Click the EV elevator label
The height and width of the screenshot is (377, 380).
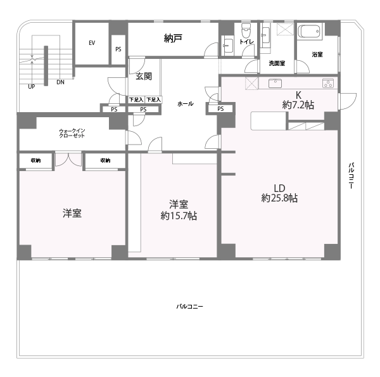[x=92, y=43]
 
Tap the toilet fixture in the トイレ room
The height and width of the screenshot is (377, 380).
[x=246, y=30]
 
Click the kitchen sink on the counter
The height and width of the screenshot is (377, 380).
[x=275, y=83]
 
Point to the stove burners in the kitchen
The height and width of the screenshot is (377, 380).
[x=328, y=83]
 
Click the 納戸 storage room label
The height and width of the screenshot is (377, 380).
[x=173, y=38]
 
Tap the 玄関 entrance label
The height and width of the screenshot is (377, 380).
[x=144, y=77]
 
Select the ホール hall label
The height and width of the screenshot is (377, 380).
[x=186, y=104]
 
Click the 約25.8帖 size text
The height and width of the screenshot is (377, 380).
[x=279, y=198]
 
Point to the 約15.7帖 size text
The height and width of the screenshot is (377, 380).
[x=179, y=215]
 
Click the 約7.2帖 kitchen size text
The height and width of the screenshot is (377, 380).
[x=298, y=105]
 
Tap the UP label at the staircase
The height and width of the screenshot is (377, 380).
[x=32, y=87]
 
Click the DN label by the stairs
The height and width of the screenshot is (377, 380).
[x=60, y=82]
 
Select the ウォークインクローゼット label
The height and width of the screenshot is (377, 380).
[x=72, y=133]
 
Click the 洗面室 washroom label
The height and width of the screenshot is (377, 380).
[x=277, y=63]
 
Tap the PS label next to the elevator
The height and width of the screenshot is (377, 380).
[x=118, y=49]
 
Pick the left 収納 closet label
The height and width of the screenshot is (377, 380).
[x=35, y=160]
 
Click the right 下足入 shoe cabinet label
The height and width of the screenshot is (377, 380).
[x=153, y=99]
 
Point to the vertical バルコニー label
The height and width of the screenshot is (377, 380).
[x=351, y=176]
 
